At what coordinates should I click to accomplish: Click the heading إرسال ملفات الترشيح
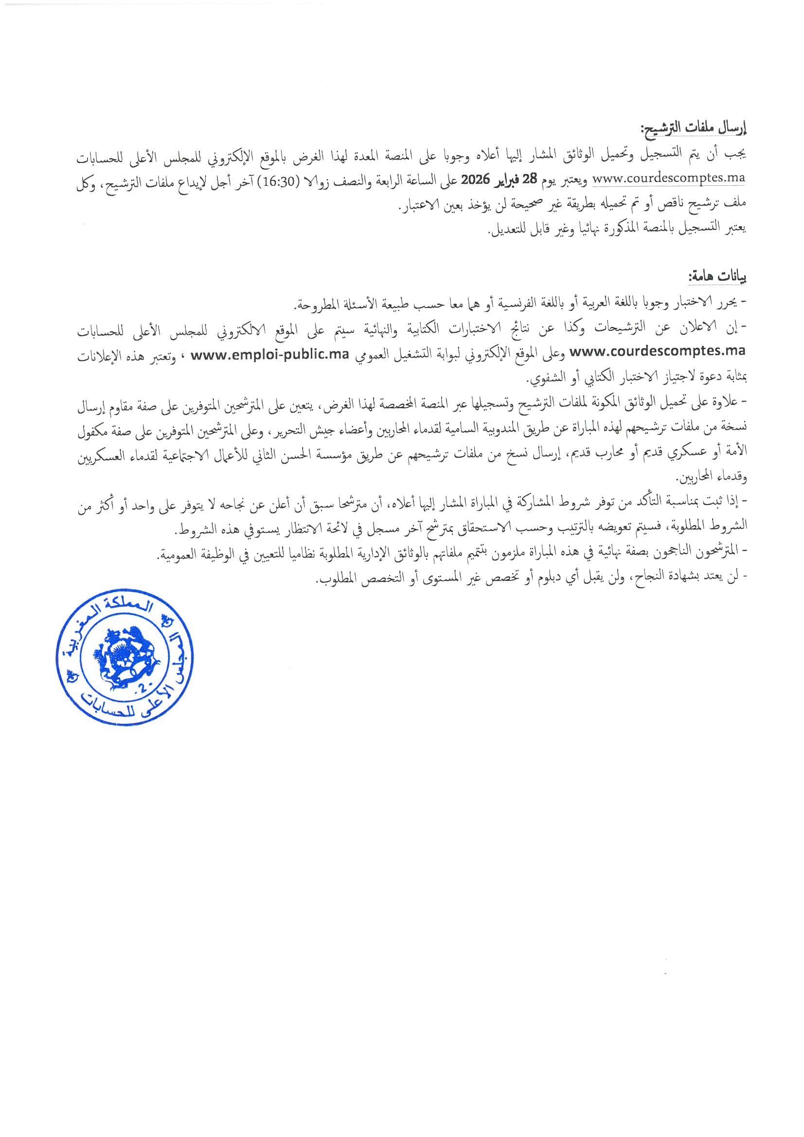pyautogui.click(x=695, y=130)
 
